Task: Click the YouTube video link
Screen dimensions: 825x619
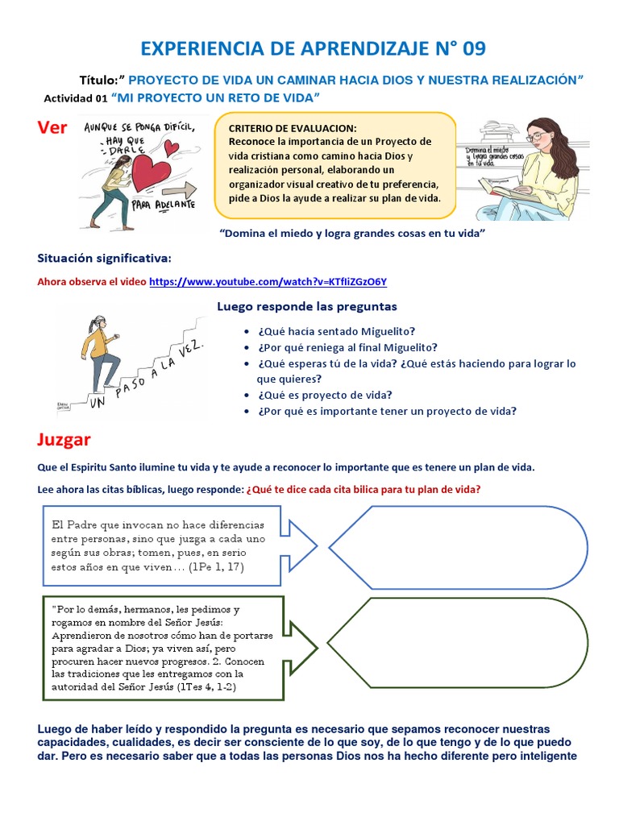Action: [268, 282]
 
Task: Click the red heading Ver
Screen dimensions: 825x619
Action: [52, 128]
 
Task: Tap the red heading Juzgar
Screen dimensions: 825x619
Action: [64, 440]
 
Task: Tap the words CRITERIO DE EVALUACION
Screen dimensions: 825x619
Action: [292, 129]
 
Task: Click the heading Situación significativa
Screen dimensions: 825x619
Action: [105, 258]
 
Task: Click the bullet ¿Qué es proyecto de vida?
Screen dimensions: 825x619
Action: [325, 395]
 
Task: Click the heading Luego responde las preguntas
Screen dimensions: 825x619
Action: [307, 307]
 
